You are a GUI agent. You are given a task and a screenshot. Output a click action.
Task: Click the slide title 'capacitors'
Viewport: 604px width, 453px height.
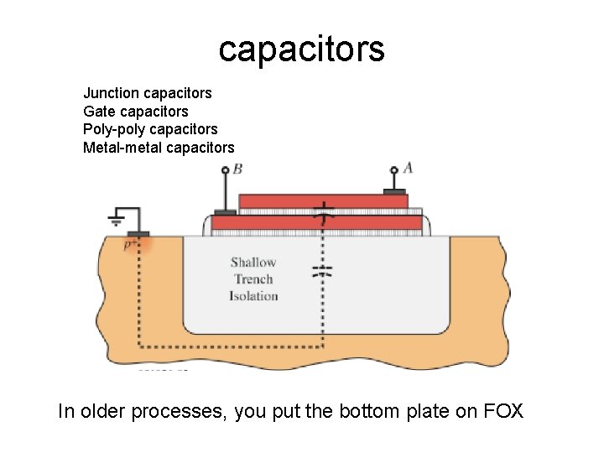301,49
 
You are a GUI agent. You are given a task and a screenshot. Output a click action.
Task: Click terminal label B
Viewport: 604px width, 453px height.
238,169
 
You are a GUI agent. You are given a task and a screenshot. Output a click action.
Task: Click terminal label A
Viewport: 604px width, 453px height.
409,168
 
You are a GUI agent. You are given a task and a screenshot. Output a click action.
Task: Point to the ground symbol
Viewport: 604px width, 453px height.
117,220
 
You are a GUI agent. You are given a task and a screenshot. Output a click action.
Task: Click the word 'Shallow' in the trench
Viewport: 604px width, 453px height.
253,263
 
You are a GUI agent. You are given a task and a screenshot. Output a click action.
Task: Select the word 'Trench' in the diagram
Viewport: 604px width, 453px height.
253,279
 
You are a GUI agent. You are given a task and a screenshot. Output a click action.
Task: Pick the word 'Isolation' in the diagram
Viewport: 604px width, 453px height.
253,296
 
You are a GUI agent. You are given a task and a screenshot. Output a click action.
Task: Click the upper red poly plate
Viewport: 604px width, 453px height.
323,201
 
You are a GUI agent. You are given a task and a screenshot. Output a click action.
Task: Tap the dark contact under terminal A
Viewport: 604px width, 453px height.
393,191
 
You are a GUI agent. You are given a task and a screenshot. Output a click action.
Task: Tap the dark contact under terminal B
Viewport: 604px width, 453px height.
225,212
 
